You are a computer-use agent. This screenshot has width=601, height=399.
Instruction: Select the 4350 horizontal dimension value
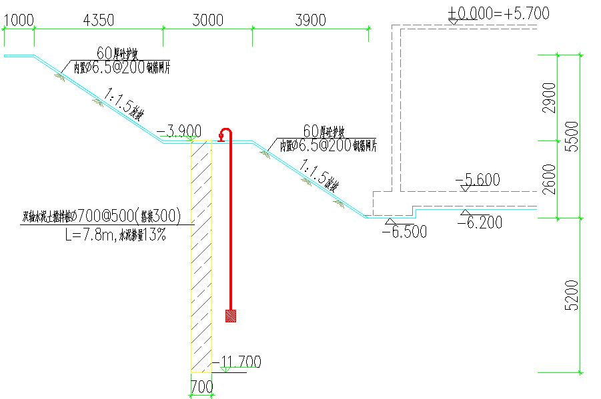tap(98, 20)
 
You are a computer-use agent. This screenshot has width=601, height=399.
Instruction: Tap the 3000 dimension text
tap(207, 20)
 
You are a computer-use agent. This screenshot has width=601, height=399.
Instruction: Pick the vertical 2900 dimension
tap(550, 98)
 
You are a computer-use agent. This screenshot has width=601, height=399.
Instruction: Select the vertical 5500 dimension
tap(571, 137)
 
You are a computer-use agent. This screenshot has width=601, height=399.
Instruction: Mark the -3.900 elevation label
tap(178, 130)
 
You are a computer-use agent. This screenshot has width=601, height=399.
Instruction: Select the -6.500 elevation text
tap(404, 231)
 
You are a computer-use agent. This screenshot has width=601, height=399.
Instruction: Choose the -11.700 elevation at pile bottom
tap(237, 362)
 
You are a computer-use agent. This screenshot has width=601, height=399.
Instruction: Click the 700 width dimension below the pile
tap(201, 386)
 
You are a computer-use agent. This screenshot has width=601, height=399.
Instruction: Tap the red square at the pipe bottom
tap(231, 316)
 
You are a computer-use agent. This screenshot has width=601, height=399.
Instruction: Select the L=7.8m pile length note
tap(115, 234)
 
